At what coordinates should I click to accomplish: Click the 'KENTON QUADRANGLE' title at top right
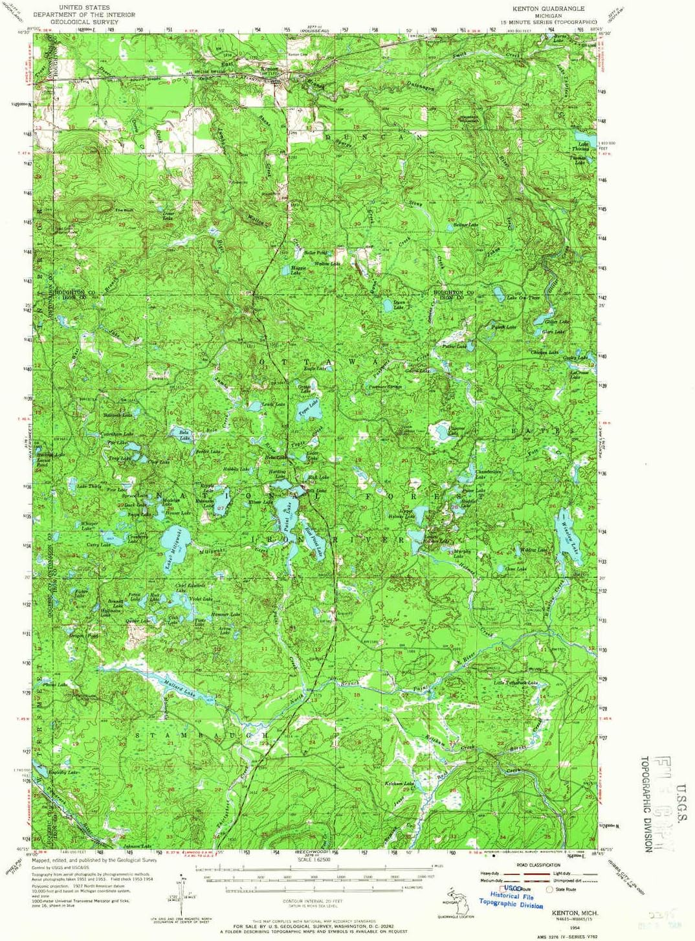pos(548,8)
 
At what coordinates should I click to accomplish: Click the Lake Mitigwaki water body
pos(173,539)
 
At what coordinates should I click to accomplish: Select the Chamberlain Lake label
pos(489,472)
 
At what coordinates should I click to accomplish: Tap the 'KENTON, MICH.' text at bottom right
pos(575,913)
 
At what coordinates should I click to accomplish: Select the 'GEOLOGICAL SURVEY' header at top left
pos(84,21)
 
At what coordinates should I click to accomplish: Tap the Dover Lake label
pos(169,215)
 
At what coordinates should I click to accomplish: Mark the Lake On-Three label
pos(523,298)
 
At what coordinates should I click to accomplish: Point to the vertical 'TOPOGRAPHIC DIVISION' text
pos(647,803)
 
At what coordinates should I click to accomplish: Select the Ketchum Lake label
pos(399,784)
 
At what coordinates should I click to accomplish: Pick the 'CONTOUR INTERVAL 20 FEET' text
pos(313,901)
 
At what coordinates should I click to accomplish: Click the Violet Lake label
pos(201,599)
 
